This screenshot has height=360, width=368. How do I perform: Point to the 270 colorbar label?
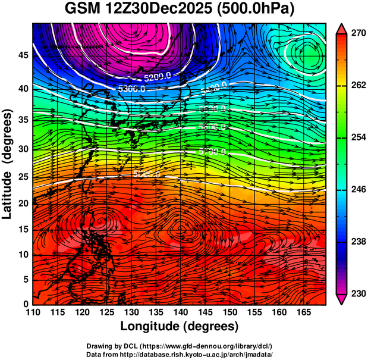(x=357, y=34)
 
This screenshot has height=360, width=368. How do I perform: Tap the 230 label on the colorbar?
(x=357, y=293)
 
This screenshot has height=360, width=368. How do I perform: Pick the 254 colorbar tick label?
(x=357, y=137)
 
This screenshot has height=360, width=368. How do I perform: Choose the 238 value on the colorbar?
(x=357, y=242)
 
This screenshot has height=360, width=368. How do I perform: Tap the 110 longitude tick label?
(x=33, y=312)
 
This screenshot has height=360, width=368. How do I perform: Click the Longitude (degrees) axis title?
(x=180, y=326)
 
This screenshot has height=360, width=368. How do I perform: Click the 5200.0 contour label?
(x=158, y=77)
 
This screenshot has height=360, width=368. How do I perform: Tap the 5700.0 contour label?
(x=212, y=152)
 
